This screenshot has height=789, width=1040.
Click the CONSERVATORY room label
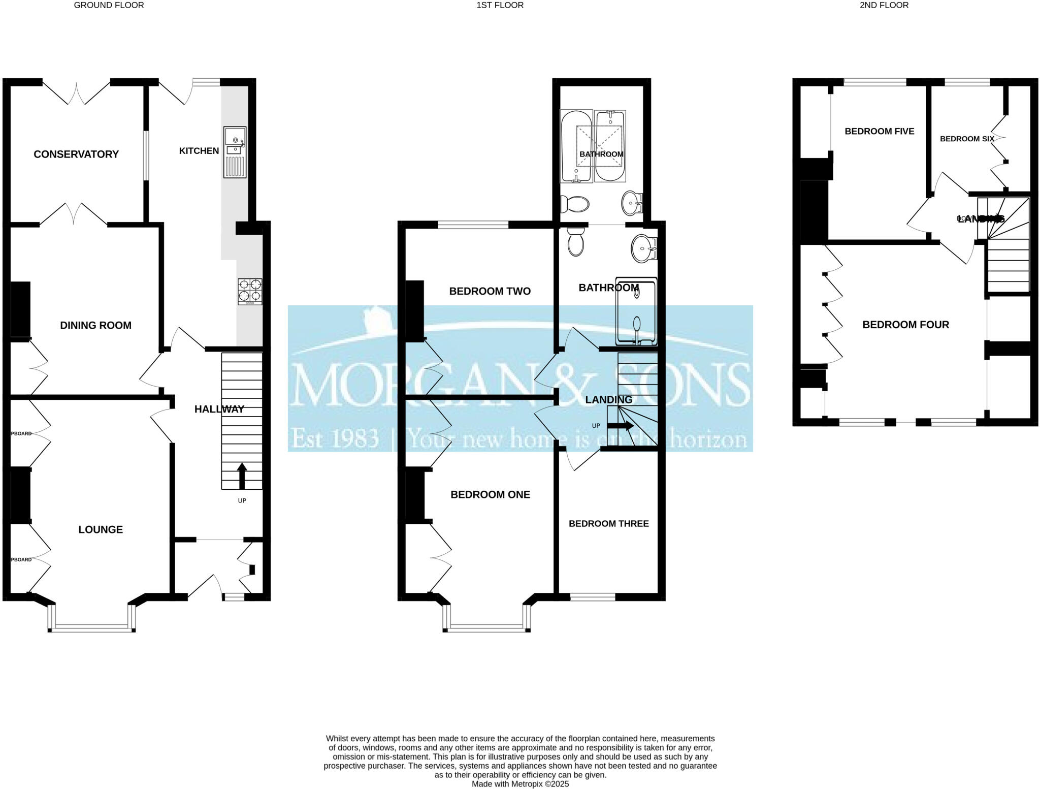pyautogui.click(x=76, y=154)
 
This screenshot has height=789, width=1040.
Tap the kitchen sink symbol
pyautogui.click(x=235, y=152)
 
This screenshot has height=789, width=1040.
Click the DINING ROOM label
pyautogui.click(x=95, y=325)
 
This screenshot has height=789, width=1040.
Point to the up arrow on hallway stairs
pyautogui.click(x=242, y=475)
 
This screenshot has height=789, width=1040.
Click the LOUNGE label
pyautogui.click(x=101, y=529)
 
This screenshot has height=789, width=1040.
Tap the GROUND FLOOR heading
pyautogui.click(x=109, y=5)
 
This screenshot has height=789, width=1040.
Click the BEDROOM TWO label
pyautogui.click(x=490, y=291)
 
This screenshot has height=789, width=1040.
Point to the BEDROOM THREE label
pyautogui.click(x=608, y=523)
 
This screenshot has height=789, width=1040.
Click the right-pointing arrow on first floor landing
pyautogui.click(x=620, y=426)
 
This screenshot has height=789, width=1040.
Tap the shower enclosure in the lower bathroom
pyautogui.click(x=636, y=311)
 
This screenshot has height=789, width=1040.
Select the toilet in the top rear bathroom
pyautogui.click(x=574, y=205)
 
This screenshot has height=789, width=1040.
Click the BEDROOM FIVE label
pyautogui.click(x=879, y=131)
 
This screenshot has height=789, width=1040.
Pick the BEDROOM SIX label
pyautogui.click(x=966, y=139)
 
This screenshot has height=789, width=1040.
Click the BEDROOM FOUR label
pyautogui.click(x=905, y=324)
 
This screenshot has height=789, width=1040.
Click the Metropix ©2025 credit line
pyautogui.click(x=520, y=784)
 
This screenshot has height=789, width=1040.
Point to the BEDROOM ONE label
pyautogui.click(x=490, y=494)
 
